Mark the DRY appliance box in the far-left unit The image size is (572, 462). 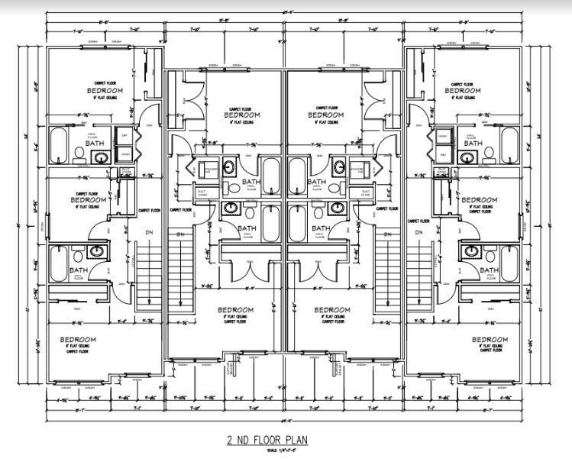[x=125, y=135]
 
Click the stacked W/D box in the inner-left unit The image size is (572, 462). [x=211, y=169]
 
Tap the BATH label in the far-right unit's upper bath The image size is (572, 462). [x=473, y=143]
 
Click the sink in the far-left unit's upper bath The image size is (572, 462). [x=101, y=158]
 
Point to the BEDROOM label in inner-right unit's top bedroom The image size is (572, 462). [x=327, y=115]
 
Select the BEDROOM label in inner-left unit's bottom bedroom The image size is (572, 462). [x=236, y=310]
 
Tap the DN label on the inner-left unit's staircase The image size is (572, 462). [x=181, y=234]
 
